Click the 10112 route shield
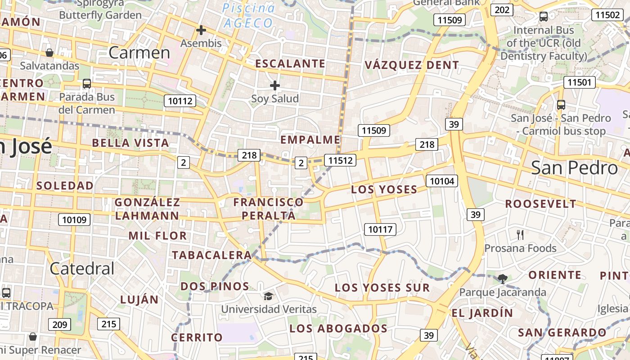coord(180,101)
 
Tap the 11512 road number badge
coord(340,160)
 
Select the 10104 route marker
coord(442,181)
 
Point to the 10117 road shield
coord(380,229)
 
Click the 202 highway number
coord(501,10)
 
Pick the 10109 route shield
coord(74,220)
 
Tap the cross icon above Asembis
coord(201,30)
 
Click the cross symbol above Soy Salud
coord(274,85)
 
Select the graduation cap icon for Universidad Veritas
coord(268,296)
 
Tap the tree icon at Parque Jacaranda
coord(502,279)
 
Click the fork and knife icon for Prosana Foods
coord(520,234)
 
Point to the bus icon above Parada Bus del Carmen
coord(86,84)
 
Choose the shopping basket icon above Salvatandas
coord(49,53)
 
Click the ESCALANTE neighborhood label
coord(290,63)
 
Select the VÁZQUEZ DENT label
coord(411,65)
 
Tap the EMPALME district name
coord(310,139)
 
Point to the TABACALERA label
coord(211,255)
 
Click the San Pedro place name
coord(574,168)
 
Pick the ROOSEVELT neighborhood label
coord(540,204)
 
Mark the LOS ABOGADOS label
coord(338,328)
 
